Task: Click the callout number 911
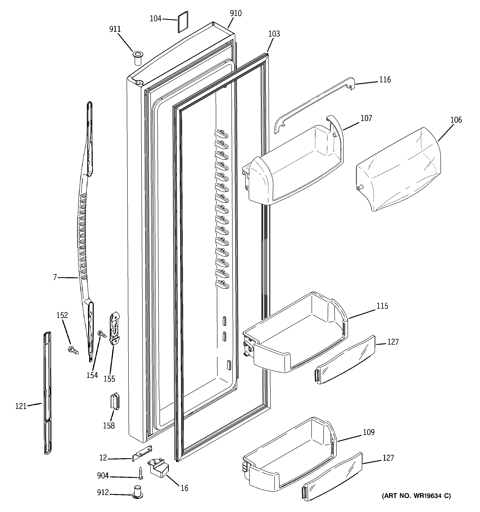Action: point(115,29)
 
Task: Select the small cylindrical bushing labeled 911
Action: point(138,58)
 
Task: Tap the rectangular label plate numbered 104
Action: point(183,22)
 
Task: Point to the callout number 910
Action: point(236,13)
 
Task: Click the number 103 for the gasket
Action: point(274,34)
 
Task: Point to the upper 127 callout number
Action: point(393,342)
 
